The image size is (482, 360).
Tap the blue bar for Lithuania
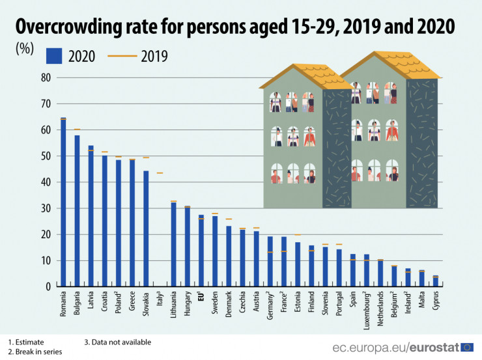tap(173, 245)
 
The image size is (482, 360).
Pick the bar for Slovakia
tap(146, 228)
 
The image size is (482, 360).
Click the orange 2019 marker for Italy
tap(160, 173)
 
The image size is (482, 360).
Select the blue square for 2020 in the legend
tap(53, 56)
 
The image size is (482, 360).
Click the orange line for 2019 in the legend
tap(120, 56)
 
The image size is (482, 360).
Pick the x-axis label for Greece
tap(132, 302)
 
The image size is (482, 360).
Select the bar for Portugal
tap(339, 268)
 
